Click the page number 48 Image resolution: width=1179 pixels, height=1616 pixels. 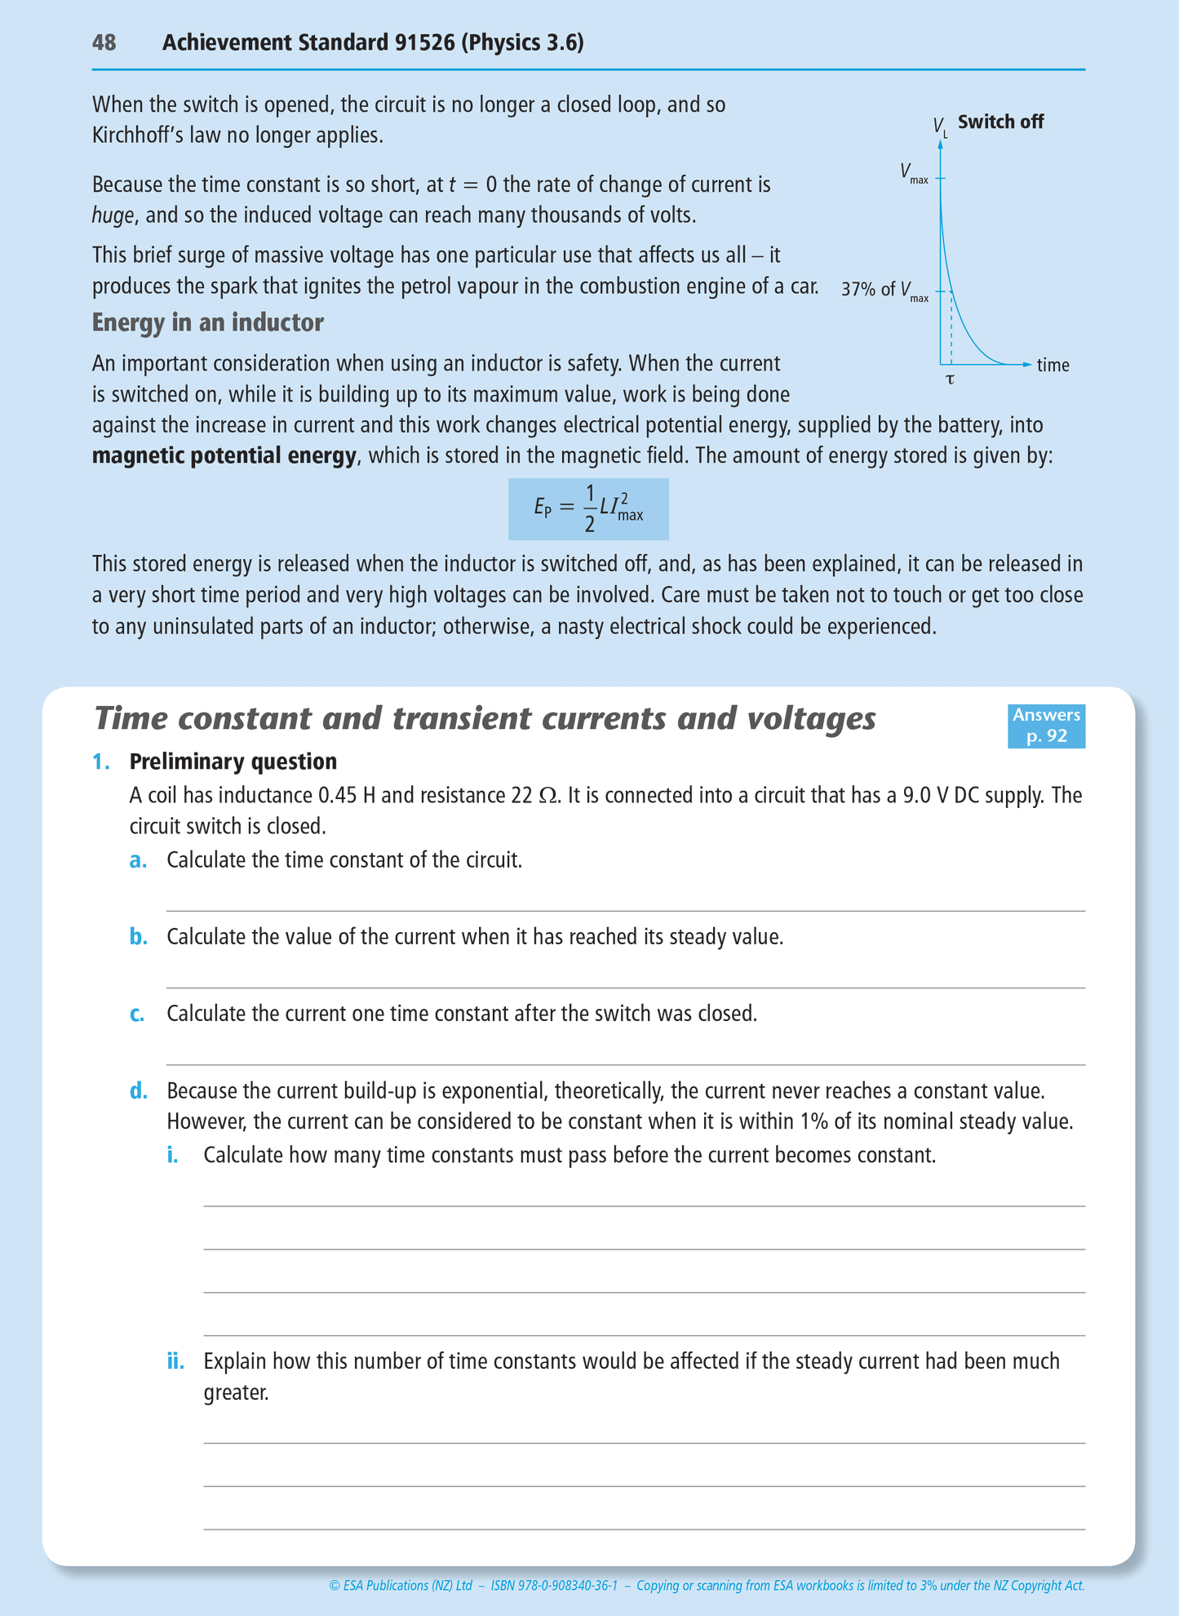click(x=104, y=42)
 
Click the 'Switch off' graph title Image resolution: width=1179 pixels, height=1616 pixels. click(x=1000, y=122)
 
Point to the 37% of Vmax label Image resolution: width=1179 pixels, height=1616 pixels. click(x=884, y=291)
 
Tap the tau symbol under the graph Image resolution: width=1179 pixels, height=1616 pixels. click(x=950, y=380)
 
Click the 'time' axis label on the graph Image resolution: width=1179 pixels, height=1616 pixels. click(x=1053, y=366)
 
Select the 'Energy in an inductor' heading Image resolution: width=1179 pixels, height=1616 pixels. click(x=207, y=323)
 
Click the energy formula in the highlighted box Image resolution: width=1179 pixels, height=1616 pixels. click(x=588, y=508)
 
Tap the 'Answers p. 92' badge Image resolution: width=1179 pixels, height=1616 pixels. click(x=1046, y=725)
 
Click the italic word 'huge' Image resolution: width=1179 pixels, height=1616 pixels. click(x=113, y=215)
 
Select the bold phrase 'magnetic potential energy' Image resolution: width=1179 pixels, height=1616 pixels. click(x=224, y=455)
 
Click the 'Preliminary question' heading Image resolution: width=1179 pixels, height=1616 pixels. click(x=233, y=761)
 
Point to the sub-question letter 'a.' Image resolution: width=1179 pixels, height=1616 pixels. click(x=138, y=860)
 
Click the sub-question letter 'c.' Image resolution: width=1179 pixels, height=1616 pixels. click(x=138, y=1014)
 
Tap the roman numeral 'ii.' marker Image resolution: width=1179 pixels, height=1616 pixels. click(x=175, y=1361)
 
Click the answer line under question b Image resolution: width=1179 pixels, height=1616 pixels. click(x=625, y=987)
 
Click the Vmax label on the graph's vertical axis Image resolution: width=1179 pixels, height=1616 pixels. click(x=914, y=173)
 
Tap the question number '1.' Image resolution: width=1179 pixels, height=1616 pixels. click(x=101, y=761)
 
